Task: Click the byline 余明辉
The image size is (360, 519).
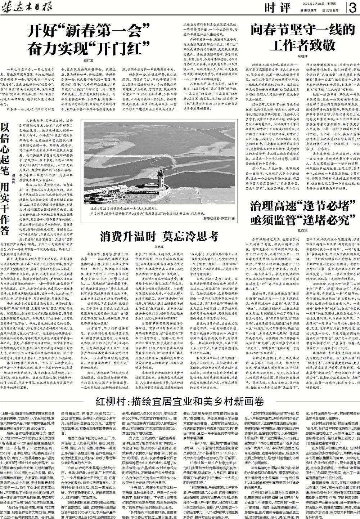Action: (x=302, y=56)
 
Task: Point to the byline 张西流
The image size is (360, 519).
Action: (x=302, y=229)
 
